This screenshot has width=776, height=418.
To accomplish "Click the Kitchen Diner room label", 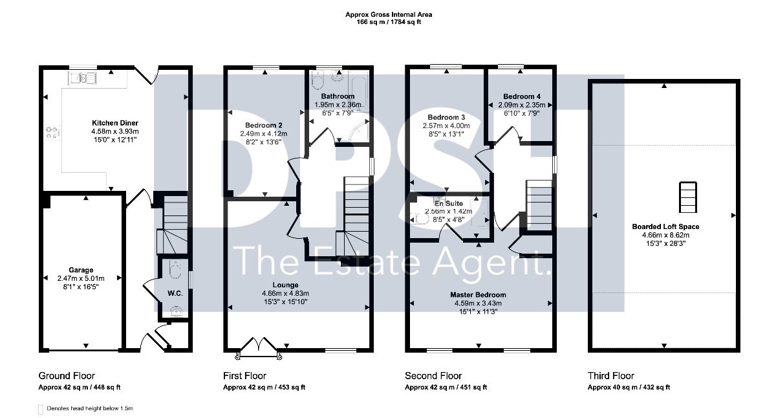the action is click(115, 123).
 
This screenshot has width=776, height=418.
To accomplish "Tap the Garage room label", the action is click(81, 270).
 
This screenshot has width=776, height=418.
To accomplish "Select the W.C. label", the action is click(175, 294).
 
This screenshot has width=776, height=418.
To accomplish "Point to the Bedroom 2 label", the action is click(264, 126).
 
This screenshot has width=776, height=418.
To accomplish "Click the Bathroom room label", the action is click(338, 96).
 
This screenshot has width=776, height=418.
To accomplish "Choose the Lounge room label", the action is click(285, 285).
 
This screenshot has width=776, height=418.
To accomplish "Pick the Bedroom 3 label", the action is click(446, 118).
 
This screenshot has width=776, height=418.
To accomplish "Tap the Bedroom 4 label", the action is click(522, 96).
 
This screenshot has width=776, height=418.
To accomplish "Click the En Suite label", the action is click(449, 203).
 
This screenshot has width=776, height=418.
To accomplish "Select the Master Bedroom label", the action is click(478, 295).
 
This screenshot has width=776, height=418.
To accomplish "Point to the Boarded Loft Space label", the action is click(665, 226).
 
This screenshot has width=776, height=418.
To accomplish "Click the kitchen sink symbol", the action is click(82, 78).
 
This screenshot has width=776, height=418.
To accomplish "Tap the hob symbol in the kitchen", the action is click(52, 133).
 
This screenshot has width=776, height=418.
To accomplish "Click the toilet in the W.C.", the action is click(175, 269).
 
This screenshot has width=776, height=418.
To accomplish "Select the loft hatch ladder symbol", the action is click(687, 197).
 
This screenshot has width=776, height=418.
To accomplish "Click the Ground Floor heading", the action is click(67, 376).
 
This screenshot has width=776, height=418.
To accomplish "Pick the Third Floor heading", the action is click(610, 376).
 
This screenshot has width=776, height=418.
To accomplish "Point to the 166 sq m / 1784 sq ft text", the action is click(389, 22).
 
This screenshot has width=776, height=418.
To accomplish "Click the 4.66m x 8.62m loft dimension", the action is click(665, 235).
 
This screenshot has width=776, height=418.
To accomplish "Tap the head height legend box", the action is click(41, 410).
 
